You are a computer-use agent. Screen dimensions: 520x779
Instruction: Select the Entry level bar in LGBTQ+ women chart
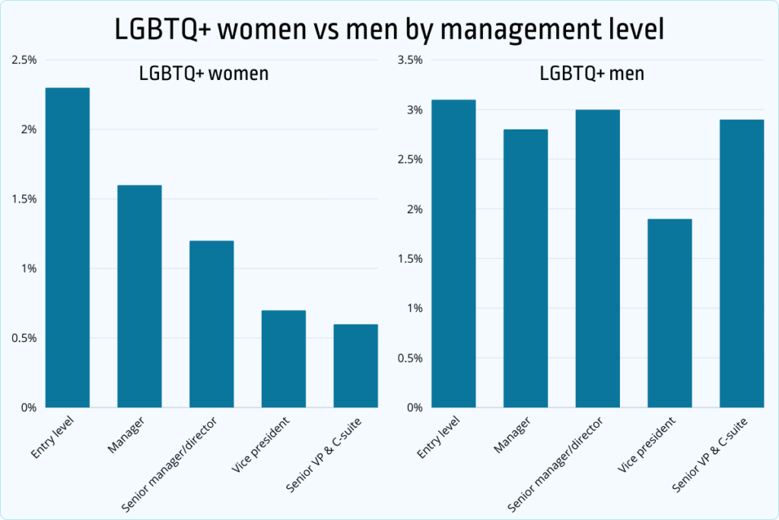[68, 247]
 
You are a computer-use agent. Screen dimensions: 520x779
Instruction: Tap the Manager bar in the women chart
[140, 296]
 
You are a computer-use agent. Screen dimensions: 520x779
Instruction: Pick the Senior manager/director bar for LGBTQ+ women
[212, 324]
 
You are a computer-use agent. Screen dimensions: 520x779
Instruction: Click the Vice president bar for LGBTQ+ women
[284, 359]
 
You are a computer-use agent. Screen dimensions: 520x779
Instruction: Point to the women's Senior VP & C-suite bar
[355, 365]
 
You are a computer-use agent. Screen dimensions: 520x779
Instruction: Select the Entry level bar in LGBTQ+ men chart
[454, 254]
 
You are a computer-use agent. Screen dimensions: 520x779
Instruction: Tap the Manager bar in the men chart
[526, 268]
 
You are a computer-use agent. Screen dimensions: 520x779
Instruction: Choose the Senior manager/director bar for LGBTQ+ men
[598, 258]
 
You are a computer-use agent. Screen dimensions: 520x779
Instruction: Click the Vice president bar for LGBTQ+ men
[670, 313]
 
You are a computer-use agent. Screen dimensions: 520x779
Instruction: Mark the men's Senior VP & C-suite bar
[742, 263]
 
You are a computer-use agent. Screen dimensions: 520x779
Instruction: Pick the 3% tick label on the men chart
[413, 110]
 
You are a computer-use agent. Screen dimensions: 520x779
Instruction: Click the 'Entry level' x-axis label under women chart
[55, 438]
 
